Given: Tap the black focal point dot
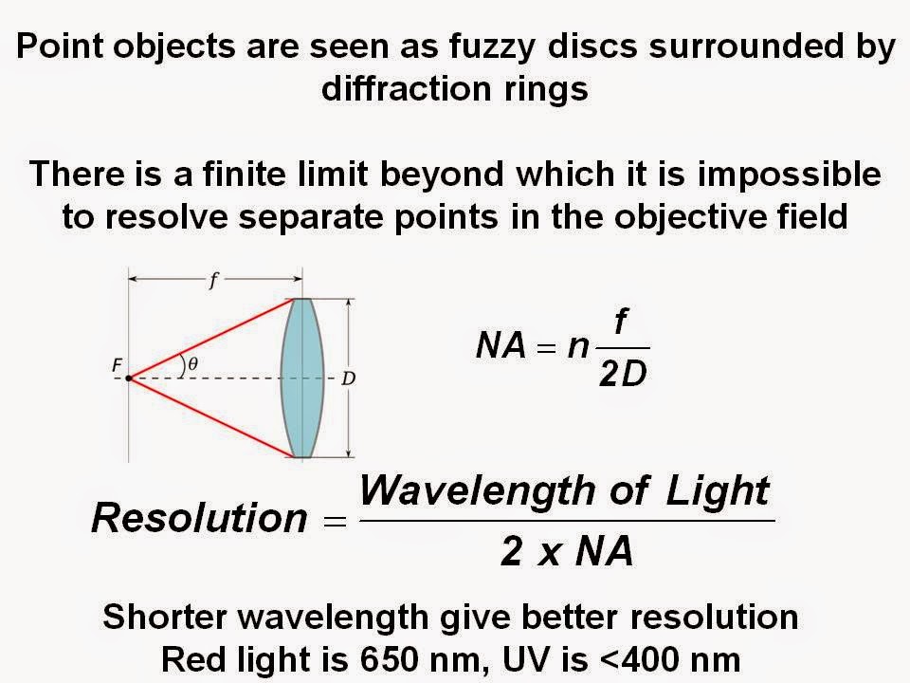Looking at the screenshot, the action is click(x=129, y=378).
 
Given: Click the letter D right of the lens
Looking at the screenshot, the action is click(x=348, y=378).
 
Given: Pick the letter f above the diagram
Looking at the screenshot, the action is click(x=215, y=280).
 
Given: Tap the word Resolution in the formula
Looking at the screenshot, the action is click(x=199, y=518).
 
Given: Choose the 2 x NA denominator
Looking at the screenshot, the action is click(x=566, y=550).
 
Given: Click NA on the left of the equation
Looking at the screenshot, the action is click(x=500, y=347).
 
